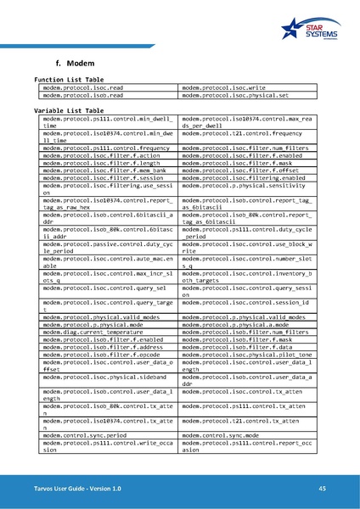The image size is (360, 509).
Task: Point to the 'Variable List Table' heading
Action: click(69, 110)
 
